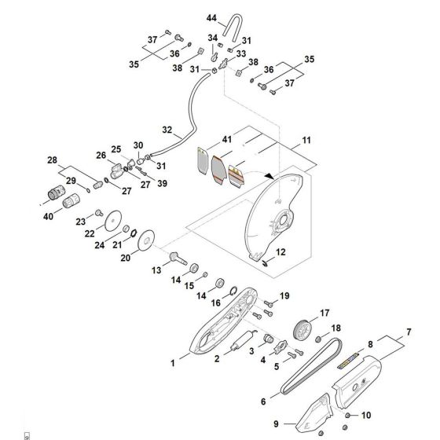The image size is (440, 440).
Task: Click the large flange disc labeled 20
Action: (x=145, y=240)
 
